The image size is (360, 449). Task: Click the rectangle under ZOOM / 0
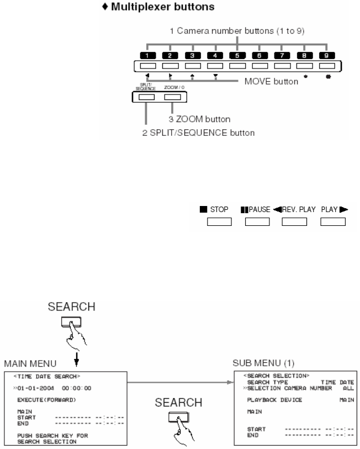173,97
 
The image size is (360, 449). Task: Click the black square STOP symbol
203,210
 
